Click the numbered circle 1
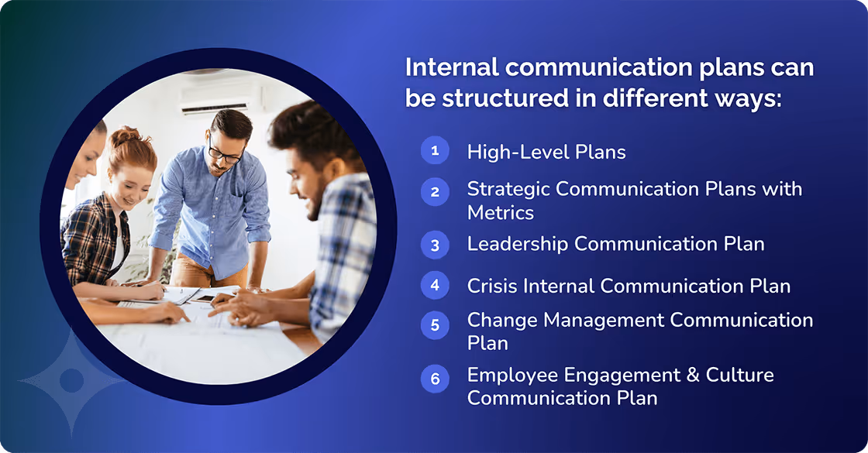pyautogui.click(x=435, y=150)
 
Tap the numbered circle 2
pyautogui.click(x=435, y=191)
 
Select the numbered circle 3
pyautogui.click(x=435, y=245)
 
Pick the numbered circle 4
pyautogui.click(x=435, y=284)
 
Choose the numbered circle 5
pyautogui.click(x=435, y=325)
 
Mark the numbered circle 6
pyautogui.click(x=435, y=379)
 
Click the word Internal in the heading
pyautogui.click(x=452, y=67)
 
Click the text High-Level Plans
pyautogui.click(x=546, y=152)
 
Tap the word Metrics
pyautogui.click(x=500, y=211)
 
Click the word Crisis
pyautogui.click(x=492, y=286)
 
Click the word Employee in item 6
pyautogui.click(x=514, y=376)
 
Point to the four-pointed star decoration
pyautogui.click(x=71, y=380)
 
